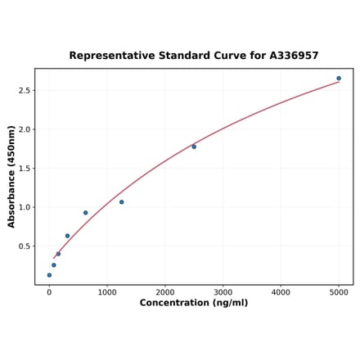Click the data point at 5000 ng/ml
point(339,79)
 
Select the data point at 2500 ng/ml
point(194,147)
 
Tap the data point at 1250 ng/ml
point(122,202)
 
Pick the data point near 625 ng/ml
point(85,213)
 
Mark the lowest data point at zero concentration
point(49,275)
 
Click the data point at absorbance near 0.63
point(67,236)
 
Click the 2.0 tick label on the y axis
point(25,129)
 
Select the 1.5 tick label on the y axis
point(25,169)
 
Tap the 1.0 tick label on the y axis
point(25,207)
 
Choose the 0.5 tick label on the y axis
point(25,246)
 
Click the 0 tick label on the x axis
point(49,292)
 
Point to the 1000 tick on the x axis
point(107,292)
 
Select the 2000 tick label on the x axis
point(165,292)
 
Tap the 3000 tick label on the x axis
point(223,292)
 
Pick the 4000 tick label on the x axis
point(281,292)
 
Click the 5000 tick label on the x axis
point(339,292)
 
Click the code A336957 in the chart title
point(294,56)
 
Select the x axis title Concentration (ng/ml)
point(194,303)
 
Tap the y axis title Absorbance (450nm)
point(11,176)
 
